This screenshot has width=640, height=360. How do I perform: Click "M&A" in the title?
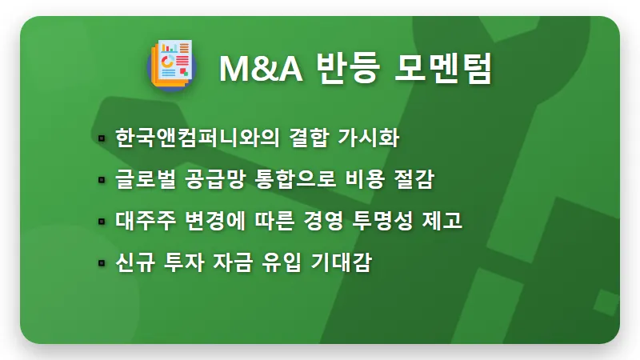tap(260, 69)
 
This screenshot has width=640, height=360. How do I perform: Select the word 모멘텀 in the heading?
tap(444, 69)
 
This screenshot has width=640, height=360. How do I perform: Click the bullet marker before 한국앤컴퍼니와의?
tap(102, 139)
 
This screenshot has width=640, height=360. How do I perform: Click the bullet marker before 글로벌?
tap(102, 181)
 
